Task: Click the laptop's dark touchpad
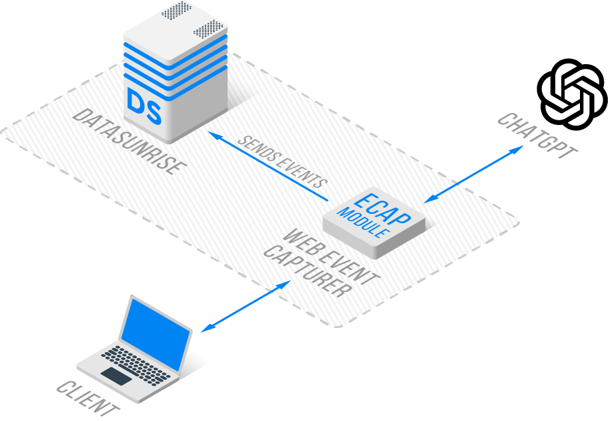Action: tap(116, 376)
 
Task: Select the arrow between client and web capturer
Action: tap(246, 305)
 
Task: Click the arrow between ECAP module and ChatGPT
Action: tap(474, 173)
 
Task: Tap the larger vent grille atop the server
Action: tap(209, 28)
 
